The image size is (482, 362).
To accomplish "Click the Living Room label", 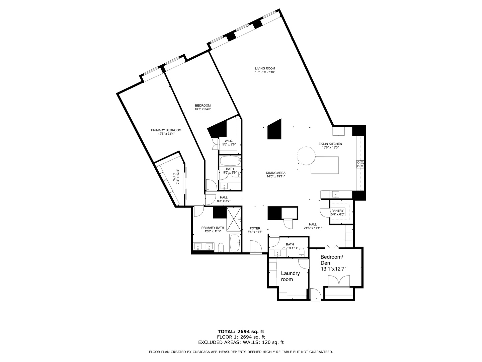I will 265,70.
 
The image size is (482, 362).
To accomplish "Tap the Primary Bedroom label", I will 166,132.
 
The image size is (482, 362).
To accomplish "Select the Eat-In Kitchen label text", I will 330,145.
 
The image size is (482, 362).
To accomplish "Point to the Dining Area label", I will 276,174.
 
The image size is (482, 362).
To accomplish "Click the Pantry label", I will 337,213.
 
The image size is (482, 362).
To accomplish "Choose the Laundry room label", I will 290,276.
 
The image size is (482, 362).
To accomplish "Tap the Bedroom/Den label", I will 333,263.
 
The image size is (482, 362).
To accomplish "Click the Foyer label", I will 255,230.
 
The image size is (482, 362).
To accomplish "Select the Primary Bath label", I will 213,229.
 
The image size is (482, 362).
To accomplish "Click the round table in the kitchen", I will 306,156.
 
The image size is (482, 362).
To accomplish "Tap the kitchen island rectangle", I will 325,165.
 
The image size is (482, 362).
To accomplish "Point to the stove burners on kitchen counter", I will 360,164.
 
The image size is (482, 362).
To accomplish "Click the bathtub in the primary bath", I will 235,243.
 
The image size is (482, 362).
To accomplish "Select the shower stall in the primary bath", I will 234,219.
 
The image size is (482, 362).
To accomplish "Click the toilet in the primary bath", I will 221,248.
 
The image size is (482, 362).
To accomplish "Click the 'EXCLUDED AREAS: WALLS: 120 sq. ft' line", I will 241,342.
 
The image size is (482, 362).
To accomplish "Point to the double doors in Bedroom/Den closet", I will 339,281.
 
